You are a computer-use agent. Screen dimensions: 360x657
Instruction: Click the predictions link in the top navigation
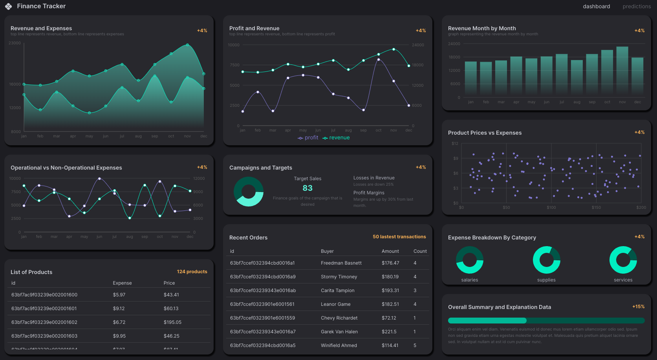[x=636, y=6]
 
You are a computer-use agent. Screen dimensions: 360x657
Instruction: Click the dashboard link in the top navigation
[x=596, y=6]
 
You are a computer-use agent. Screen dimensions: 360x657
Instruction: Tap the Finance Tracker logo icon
[x=9, y=6]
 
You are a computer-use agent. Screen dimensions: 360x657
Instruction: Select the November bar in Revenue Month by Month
[x=622, y=71]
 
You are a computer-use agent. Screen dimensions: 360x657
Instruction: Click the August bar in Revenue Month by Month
[x=576, y=77]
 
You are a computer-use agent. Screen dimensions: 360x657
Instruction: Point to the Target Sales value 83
[x=307, y=188]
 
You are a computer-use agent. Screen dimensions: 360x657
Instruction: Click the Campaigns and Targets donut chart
[x=249, y=192]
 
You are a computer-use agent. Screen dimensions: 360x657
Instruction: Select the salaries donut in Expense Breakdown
[x=470, y=260]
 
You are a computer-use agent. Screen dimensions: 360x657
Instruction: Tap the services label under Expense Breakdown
[x=623, y=280]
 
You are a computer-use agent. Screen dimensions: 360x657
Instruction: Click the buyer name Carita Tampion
[x=337, y=291]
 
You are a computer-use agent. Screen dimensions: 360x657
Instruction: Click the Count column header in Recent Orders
[x=420, y=251]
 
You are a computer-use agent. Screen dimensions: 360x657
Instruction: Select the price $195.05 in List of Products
[x=172, y=322]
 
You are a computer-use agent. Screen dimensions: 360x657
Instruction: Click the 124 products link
[x=192, y=272]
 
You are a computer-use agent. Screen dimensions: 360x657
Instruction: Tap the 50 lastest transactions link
[x=399, y=237]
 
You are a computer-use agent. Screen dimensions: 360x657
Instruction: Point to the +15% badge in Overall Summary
[x=638, y=307]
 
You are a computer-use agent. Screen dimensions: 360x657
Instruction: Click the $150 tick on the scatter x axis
[x=596, y=207]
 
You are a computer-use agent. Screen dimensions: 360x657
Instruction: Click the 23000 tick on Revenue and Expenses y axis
[x=15, y=43]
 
